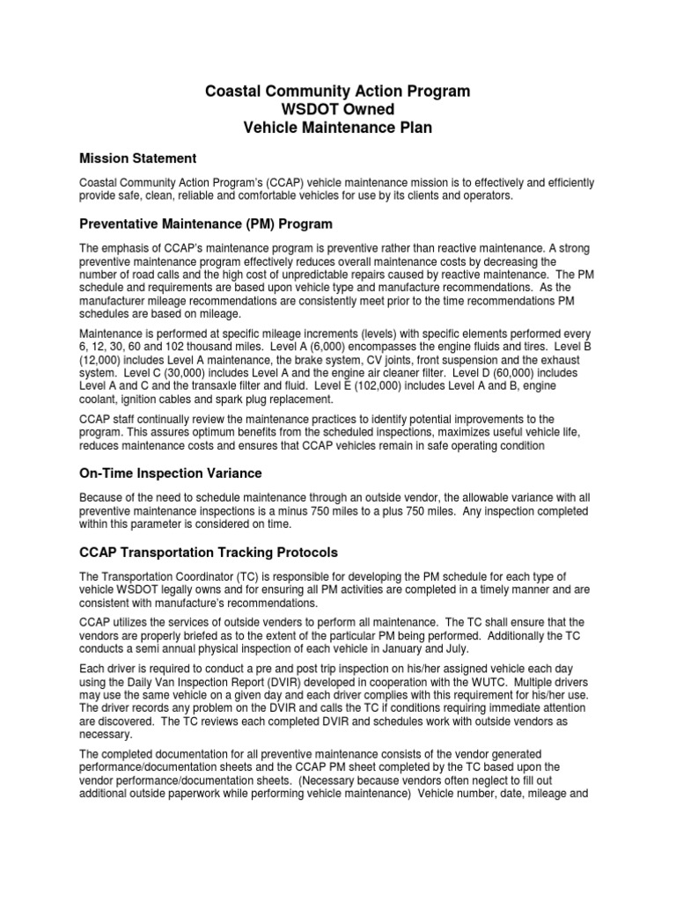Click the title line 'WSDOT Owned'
pos(338,108)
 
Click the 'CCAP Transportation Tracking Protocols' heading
pos(209,552)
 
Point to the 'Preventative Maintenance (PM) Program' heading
pos(206,223)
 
